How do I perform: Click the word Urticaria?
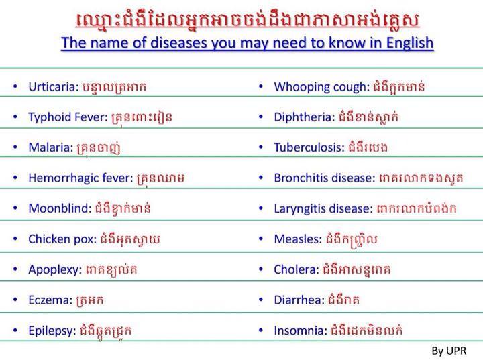click(54, 87)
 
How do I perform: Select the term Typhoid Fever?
click(68, 117)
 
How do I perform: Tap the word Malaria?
click(51, 147)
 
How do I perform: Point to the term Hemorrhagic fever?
click(80, 178)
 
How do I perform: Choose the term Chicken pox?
click(62, 239)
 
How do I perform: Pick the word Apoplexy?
click(55, 269)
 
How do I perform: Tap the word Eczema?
click(50, 300)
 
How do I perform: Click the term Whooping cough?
click(321, 87)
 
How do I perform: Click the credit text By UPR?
click(449, 351)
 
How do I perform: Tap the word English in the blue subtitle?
click(410, 43)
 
